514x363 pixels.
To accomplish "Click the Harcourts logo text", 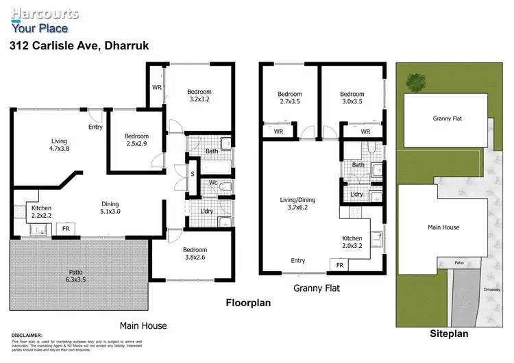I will pos(44,13).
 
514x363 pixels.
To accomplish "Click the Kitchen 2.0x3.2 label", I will pos(353,243).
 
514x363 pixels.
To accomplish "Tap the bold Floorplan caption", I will pos(249,301).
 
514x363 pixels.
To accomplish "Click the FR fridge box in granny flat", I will pos(339,265).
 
